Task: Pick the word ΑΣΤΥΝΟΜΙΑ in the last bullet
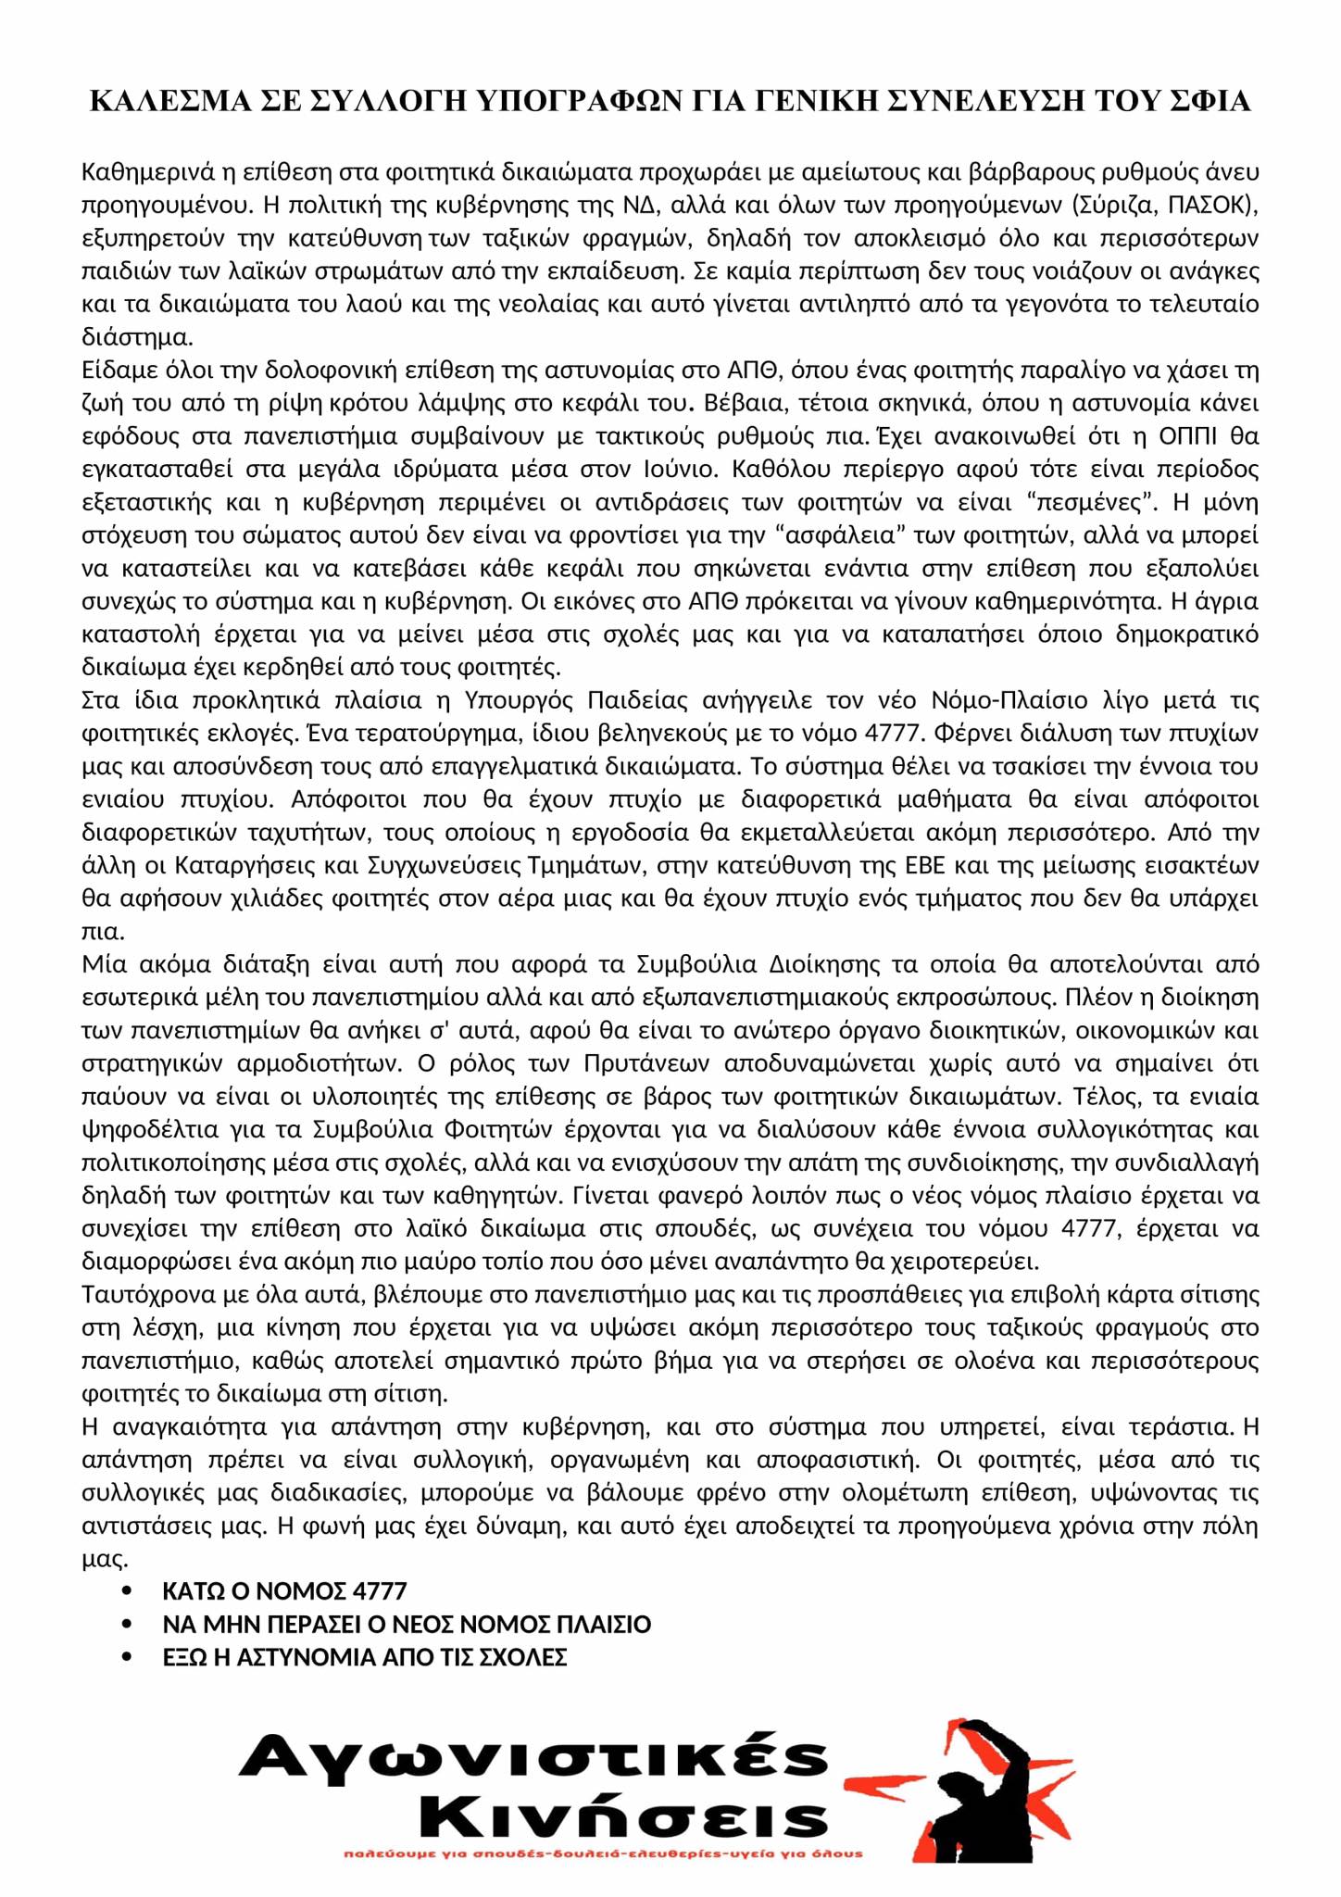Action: pos(305,1657)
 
